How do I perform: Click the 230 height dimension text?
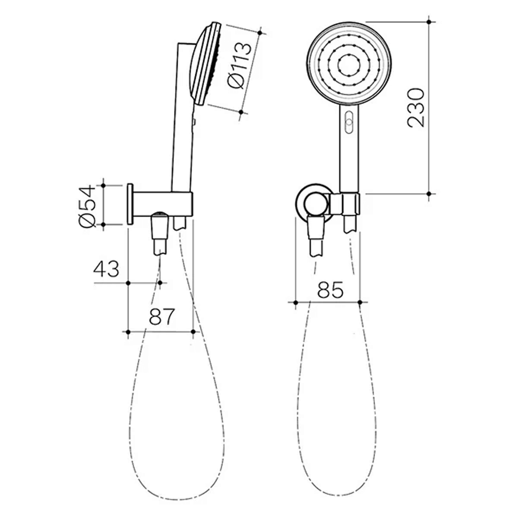pyautogui.click(x=416, y=107)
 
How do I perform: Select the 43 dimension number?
pyautogui.click(x=106, y=269)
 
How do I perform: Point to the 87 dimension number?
pyautogui.click(x=161, y=317)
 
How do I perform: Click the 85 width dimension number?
pyautogui.click(x=330, y=290)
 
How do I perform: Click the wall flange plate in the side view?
pyautogui.click(x=130, y=203)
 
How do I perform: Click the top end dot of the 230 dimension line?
pyautogui.click(x=430, y=22)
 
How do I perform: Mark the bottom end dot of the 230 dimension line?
pyautogui.click(x=430, y=194)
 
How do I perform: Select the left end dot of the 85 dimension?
pyautogui.click(x=295, y=302)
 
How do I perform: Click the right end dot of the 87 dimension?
pyautogui.click(x=193, y=331)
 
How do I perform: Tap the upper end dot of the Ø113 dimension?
pyautogui.click(x=260, y=33)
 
